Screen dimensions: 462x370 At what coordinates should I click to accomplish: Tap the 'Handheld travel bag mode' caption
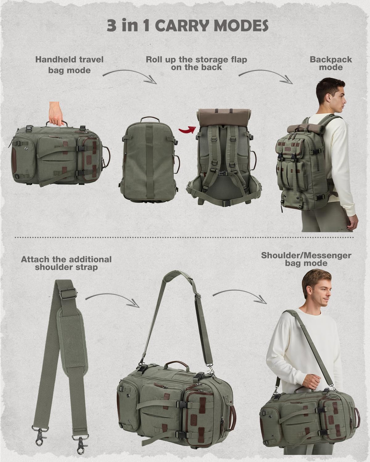tap(69, 65)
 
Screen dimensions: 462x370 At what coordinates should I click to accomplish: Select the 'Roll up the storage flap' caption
tap(196, 63)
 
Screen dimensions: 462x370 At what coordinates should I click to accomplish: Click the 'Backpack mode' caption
tap(331, 63)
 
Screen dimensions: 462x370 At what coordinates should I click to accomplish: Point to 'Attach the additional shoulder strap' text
tap(66, 263)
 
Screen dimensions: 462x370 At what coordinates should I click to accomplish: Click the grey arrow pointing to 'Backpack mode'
tap(266, 75)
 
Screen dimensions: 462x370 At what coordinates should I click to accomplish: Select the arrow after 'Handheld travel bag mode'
tap(129, 75)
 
